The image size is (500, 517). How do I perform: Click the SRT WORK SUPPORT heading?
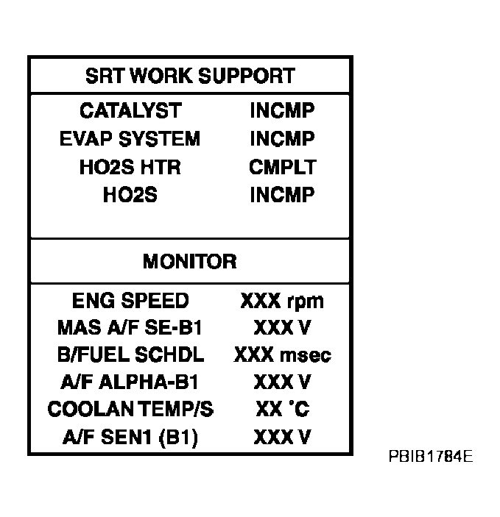point(190,76)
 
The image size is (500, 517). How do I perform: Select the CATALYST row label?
point(130,110)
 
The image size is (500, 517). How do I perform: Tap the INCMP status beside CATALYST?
point(282,110)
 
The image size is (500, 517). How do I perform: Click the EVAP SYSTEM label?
point(130,138)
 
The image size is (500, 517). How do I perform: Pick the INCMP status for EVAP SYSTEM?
point(282,138)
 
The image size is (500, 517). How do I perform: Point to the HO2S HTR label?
point(130,167)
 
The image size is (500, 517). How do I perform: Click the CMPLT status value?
point(283,167)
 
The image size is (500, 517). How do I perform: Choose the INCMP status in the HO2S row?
point(282,195)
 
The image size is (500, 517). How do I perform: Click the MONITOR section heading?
point(190,262)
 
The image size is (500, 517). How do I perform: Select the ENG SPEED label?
point(130,301)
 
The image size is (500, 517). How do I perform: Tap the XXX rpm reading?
point(282,302)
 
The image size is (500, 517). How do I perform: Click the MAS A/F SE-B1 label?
point(130,328)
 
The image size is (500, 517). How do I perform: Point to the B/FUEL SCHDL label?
point(130,354)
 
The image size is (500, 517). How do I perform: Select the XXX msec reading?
point(282,354)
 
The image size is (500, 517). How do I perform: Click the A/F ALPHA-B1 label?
point(130,382)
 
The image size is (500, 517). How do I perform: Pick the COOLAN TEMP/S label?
point(130,409)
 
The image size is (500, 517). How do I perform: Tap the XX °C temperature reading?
point(283,409)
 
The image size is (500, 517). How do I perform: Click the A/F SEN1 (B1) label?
point(130,438)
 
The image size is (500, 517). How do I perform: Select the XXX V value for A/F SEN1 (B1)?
point(282,438)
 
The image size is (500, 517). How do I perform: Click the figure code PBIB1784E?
point(431,457)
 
